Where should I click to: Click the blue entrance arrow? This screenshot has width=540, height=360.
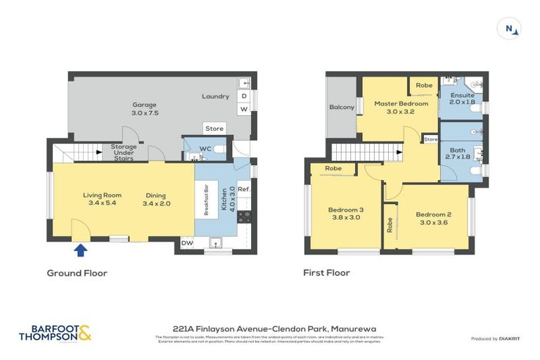80,250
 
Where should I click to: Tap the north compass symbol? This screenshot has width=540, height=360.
509,29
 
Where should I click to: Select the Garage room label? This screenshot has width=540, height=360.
145,105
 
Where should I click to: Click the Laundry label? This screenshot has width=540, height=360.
215,96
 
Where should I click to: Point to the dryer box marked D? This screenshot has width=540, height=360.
244,96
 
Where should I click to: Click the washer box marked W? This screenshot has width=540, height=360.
244,110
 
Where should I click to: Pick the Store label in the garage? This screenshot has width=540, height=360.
214,129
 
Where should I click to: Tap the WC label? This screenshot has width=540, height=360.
205,148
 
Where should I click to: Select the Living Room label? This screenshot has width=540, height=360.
102,195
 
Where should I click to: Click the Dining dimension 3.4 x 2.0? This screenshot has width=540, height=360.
157,204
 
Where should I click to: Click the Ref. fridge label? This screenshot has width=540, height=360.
244,189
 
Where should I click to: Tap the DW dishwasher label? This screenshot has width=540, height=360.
186,243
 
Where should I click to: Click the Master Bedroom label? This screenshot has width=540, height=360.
401,103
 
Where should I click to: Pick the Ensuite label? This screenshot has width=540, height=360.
462,96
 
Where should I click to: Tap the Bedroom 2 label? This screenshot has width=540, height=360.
432,214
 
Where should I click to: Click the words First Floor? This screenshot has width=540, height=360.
326,273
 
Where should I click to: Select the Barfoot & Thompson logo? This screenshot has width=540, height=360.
55,333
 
